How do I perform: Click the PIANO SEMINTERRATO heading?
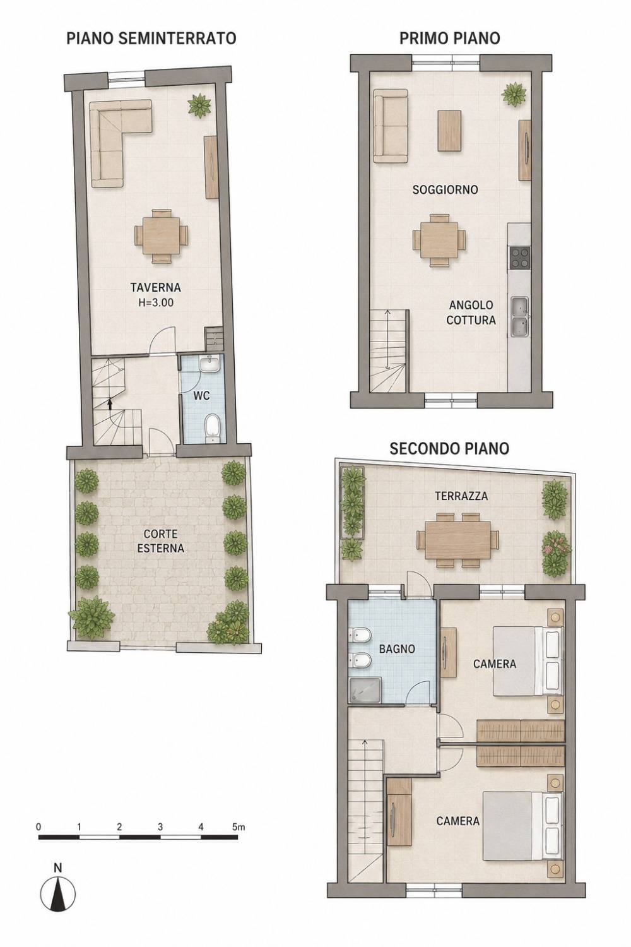pyautogui.click(x=151, y=39)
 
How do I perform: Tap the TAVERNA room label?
pyautogui.click(x=155, y=287)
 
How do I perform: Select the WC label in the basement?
pyautogui.click(x=201, y=396)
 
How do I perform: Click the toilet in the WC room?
pyautogui.click(x=212, y=428)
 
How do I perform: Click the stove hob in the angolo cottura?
pyautogui.click(x=519, y=258)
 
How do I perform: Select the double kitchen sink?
pyautogui.click(x=520, y=317)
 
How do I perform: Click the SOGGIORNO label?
pyautogui.click(x=445, y=190)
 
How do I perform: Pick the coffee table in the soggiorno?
pyautogui.click(x=449, y=130)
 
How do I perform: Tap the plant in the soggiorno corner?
pyautogui.click(x=514, y=94)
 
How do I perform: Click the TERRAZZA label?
pyautogui.click(x=461, y=496)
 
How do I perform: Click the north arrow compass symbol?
pyautogui.click(x=58, y=885)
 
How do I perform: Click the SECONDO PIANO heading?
pyautogui.click(x=449, y=448)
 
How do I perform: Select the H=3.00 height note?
pyautogui.click(x=155, y=302)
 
